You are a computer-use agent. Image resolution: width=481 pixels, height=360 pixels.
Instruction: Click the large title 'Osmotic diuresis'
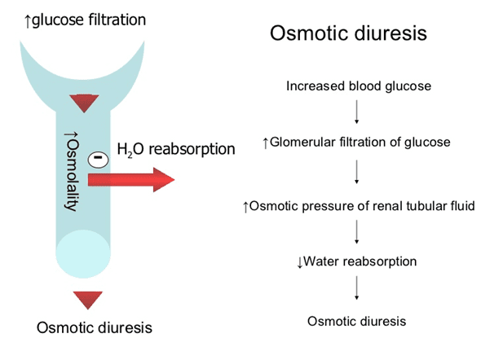348,33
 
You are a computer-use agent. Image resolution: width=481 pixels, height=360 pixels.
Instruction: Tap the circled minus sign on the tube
98,160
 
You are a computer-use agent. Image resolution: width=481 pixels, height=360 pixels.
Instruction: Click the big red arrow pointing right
131,180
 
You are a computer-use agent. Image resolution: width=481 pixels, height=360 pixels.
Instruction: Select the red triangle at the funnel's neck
84,103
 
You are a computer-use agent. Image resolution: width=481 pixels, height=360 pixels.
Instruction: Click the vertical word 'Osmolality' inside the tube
72,172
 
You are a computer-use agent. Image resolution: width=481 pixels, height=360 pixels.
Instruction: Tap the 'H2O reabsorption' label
176,150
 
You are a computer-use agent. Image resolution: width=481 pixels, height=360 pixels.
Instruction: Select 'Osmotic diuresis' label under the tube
95,327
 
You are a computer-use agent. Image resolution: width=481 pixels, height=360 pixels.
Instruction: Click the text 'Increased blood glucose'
359,86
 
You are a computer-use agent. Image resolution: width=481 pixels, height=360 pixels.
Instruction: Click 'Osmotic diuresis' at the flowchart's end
357,322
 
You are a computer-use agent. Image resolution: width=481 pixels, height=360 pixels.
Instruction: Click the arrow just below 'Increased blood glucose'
356,112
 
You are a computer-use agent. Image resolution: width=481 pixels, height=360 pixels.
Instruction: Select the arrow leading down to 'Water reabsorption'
356,232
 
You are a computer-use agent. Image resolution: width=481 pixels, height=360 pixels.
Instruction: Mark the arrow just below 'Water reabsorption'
356,288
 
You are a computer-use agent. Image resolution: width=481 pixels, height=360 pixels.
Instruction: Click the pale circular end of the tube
83,254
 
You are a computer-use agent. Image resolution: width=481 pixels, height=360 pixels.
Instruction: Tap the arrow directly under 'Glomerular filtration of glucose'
356,172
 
